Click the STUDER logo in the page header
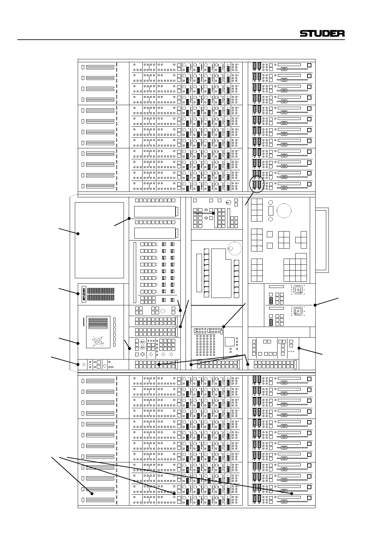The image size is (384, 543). pos(322,33)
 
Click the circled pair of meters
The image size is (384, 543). pos(257,185)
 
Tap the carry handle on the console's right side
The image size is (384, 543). pos(322,240)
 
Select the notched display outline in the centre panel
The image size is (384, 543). pos(221,272)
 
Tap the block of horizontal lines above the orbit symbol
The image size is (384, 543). pos(98,323)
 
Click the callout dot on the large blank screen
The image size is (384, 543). pos(78,233)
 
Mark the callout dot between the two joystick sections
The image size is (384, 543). pos(315,305)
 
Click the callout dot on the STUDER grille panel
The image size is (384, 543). pos(78,293)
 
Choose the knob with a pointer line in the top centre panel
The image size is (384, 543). pos(228,203)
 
